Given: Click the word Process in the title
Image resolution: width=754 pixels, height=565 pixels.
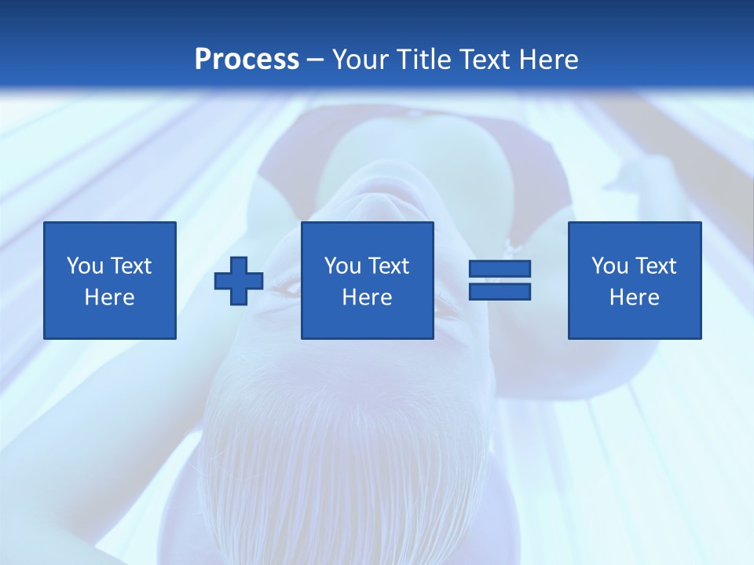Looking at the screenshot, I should (247, 60).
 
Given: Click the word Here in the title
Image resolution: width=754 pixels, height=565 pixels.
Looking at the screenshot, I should (549, 60).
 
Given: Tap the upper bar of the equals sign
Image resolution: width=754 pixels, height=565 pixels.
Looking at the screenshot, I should (500, 269).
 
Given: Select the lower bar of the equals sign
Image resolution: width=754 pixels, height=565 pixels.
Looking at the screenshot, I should (500, 292).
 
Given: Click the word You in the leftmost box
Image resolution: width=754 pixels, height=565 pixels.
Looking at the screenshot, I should (85, 266).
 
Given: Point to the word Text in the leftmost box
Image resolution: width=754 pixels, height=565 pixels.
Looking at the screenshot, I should (130, 266).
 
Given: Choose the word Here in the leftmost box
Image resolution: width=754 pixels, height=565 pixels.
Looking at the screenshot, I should (109, 297).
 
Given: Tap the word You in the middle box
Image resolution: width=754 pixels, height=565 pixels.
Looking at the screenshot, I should (342, 266).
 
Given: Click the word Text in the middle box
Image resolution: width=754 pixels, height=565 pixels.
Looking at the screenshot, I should (387, 266).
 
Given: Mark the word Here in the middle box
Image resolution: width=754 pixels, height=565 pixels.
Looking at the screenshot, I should (367, 297).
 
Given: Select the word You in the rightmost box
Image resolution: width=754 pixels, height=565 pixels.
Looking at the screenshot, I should (609, 266).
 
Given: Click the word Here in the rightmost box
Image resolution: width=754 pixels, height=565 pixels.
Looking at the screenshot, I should (634, 297).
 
